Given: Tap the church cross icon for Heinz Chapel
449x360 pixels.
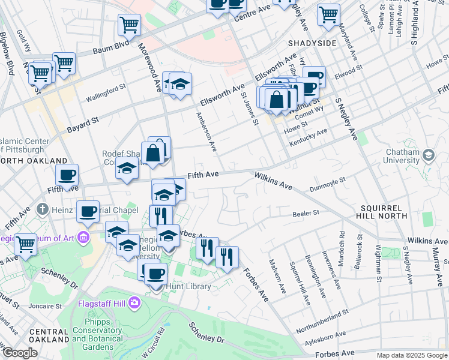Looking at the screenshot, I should pyautogui.click(x=42, y=209).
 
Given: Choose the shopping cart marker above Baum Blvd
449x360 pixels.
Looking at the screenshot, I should pyautogui.click(x=129, y=25).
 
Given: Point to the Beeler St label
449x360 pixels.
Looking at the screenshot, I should pyautogui.click(x=306, y=213).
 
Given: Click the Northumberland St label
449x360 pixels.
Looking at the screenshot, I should pyautogui.click(x=322, y=316).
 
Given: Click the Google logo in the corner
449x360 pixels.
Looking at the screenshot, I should pyautogui.click(x=19, y=353).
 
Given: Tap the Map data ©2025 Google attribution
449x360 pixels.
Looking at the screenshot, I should pyautogui.click(x=412, y=355).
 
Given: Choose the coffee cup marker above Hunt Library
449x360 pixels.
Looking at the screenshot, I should pyautogui.click(x=156, y=273).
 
